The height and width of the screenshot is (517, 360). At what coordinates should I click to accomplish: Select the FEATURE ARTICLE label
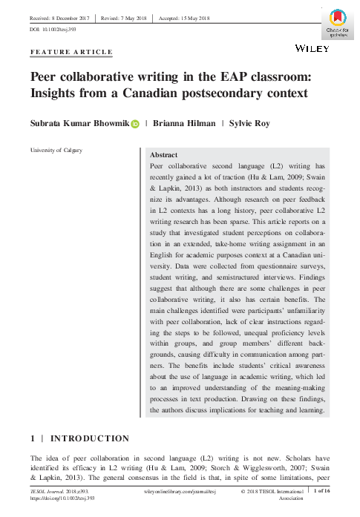click(71, 52)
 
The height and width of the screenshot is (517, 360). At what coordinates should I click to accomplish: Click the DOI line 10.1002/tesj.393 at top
click(53, 29)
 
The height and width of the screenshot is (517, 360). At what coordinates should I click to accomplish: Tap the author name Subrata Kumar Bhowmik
click(79, 125)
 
